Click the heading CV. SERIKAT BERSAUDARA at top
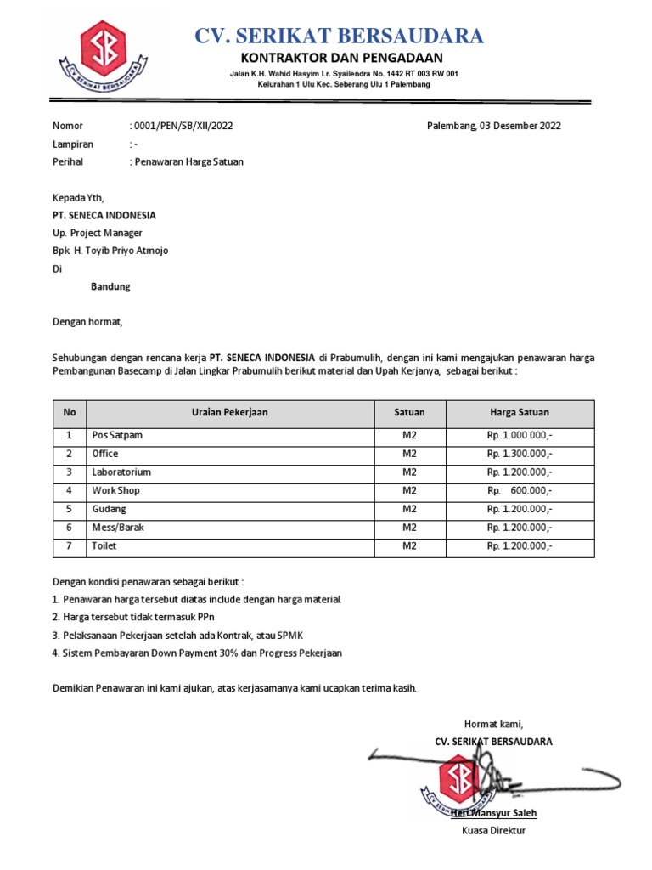340,36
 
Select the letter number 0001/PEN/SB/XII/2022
183,126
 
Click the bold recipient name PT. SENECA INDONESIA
104,215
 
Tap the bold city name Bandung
110,287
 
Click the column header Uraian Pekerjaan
229,412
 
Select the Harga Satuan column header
519,412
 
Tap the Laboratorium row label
121,472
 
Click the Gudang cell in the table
109,509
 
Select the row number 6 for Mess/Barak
70,528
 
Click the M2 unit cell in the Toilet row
409,546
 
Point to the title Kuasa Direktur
493,830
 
